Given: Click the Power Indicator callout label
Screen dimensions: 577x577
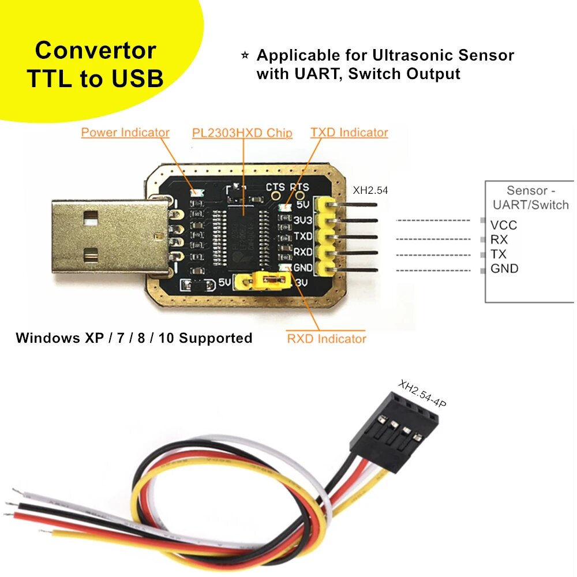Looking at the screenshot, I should pos(125,132).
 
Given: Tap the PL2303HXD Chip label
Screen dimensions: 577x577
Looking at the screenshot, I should pos(242,133).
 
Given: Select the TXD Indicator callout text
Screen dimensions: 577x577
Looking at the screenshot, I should pos(349,132).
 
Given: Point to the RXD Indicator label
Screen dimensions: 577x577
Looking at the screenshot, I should pos(327,338).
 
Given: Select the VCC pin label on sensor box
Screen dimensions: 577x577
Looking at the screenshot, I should pos(503,225).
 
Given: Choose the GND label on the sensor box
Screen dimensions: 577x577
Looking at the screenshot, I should pos(504,268).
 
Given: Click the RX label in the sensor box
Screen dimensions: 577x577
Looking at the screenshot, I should pos(499,239).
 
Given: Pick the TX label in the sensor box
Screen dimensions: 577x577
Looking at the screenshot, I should pos(499,254).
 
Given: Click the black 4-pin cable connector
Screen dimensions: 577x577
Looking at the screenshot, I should pos(392,427).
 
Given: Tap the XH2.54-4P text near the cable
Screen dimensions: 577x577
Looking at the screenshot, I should pos(422,394).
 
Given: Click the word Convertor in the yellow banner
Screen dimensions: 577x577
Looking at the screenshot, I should pos(95,50).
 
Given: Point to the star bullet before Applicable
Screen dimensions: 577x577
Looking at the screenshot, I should pos(245,55).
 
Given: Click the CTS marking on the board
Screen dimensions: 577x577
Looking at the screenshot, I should pos(275,187).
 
